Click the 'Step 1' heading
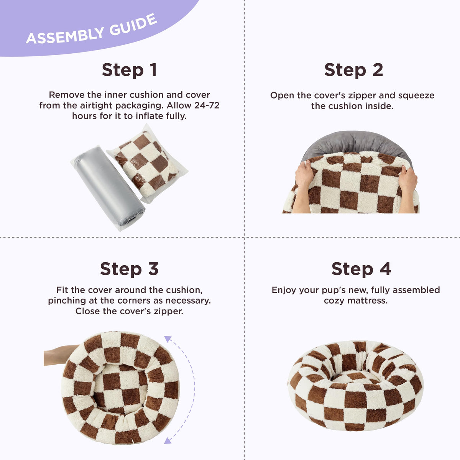pos(130,70)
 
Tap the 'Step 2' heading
pos(353,70)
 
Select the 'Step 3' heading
pos(129,269)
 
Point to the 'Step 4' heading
pos(361,269)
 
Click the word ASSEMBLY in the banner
pos(65,36)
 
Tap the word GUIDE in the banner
pos(133,25)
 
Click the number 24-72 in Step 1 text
pos(207,105)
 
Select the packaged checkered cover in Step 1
pos(146,164)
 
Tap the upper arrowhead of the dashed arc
pos(168,339)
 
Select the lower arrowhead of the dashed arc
pos(168,440)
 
